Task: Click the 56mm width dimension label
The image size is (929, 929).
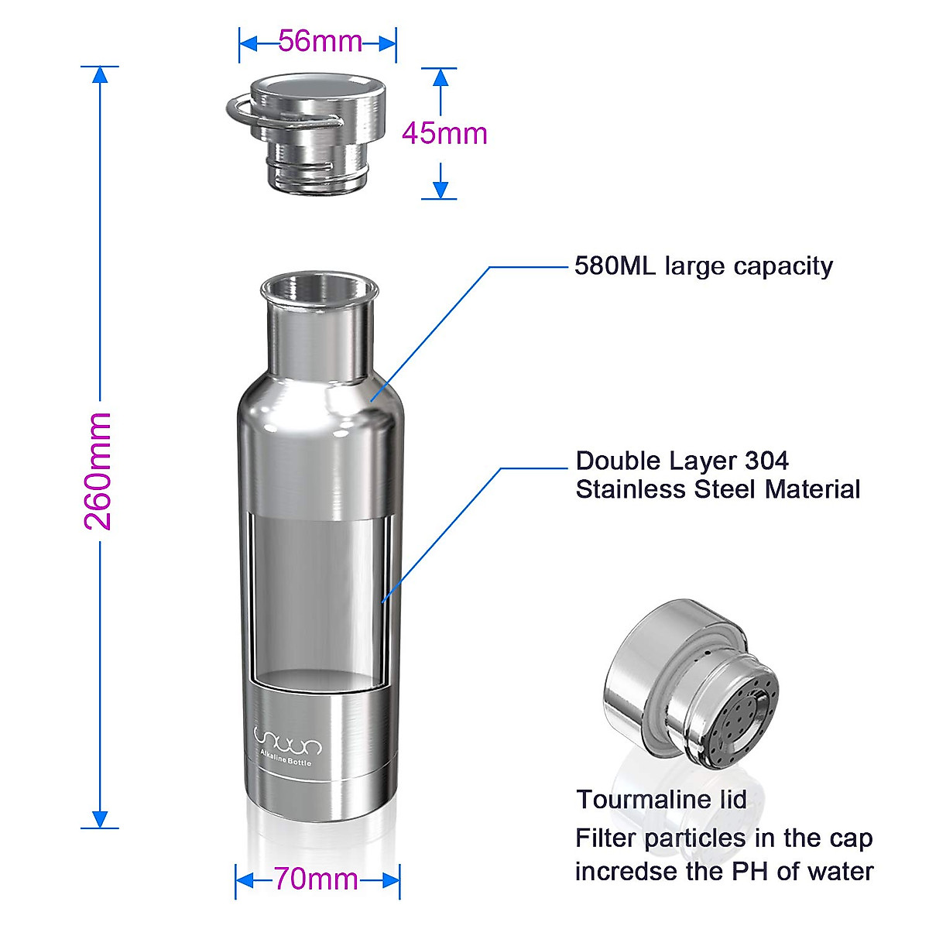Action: pos(320,41)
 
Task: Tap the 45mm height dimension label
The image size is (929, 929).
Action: pos(444,133)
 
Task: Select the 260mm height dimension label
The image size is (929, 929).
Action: pos(98,471)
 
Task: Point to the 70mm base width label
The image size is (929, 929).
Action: pos(316,879)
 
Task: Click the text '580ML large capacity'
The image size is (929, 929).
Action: pos(703,266)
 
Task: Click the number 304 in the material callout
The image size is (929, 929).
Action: pos(766,461)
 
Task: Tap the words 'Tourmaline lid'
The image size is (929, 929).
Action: pos(661,799)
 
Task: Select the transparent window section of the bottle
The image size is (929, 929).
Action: pos(319,596)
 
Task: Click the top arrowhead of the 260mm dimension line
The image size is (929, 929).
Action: pos(99,74)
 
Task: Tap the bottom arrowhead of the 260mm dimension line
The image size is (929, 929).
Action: pos(99,819)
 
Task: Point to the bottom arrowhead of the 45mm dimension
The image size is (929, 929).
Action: pos(441,190)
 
